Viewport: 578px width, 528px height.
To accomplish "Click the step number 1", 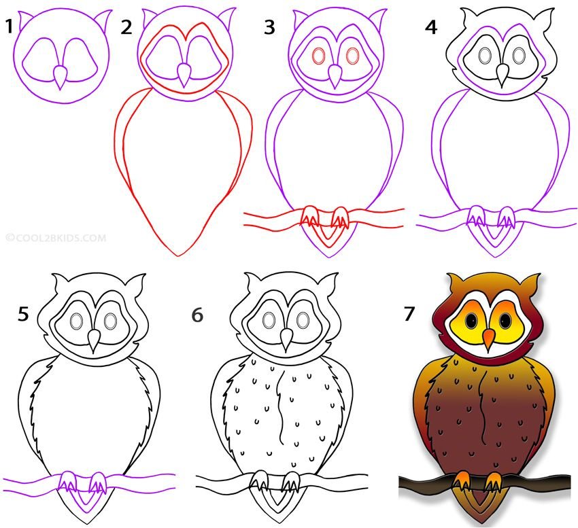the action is coord(10,27).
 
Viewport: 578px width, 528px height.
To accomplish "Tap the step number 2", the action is coord(126,27).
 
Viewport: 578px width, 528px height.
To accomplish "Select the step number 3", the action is coord(270,28).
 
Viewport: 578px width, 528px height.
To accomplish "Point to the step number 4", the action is coord(431,28).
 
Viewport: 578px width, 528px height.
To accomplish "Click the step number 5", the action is coord(23,315).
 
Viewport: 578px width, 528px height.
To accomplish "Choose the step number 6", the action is coord(198,315).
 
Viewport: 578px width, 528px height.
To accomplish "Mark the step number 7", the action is coord(409,315).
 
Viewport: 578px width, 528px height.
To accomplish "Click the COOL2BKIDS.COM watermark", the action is coord(56,238).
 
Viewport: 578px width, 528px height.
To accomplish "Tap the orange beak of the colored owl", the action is coord(489,339).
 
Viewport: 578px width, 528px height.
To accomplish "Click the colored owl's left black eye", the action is coord(471,320).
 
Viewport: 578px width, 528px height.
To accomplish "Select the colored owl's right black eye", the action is coord(505,320).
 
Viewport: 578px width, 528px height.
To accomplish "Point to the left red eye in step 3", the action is coord(318,56).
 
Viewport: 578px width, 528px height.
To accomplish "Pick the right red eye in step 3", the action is coord(352,56).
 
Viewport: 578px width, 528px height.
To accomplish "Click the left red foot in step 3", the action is coord(309,217).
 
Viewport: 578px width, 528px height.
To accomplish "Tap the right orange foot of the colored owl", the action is coord(494,481).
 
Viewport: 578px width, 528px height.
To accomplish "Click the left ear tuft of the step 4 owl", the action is coord(469,16).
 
